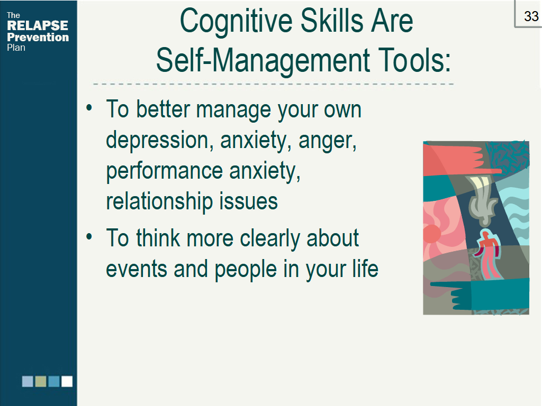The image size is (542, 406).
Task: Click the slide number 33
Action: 531,16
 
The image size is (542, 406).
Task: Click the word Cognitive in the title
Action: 237,22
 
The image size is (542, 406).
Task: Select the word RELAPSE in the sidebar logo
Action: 38,25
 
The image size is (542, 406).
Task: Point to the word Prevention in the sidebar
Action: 38,37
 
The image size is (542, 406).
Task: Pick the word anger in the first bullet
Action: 327,141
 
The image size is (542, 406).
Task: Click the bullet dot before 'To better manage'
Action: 89,108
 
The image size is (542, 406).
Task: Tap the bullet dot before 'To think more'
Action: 89,237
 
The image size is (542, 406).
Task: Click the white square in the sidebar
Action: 67,382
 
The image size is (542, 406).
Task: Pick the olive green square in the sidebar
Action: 41,382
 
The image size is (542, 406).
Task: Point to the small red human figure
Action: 488,255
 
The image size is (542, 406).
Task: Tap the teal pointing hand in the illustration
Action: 481,293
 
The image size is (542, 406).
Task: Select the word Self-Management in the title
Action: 263,61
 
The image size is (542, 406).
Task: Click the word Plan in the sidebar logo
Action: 16,48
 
